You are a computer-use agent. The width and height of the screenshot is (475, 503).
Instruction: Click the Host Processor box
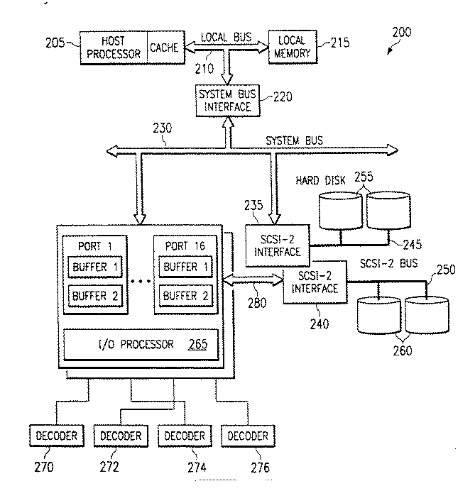click(x=113, y=48)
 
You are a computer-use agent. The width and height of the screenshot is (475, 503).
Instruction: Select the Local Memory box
click(x=292, y=48)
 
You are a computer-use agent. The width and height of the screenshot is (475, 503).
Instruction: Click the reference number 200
click(x=400, y=33)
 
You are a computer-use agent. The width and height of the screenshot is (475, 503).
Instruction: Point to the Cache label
click(x=164, y=48)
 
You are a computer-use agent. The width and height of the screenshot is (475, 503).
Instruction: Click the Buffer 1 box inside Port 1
click(x=95, y=267)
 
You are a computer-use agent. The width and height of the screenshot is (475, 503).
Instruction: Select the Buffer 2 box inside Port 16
click(x=185, y=294)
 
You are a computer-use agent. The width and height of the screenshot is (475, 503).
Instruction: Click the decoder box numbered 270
click(x=55, y=435)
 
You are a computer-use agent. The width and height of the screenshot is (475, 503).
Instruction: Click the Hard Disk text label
click(x=320, y=180)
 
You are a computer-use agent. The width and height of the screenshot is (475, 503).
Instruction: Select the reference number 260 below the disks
click(x=403, y=348)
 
